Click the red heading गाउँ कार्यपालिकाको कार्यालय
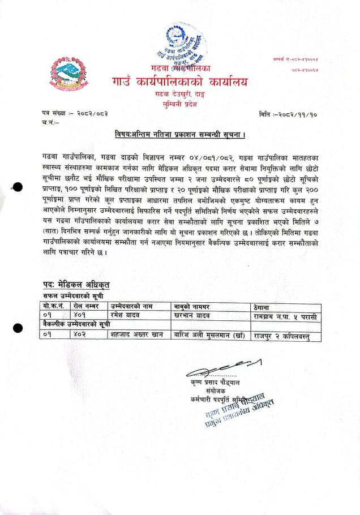180,83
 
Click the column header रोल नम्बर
86,306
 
